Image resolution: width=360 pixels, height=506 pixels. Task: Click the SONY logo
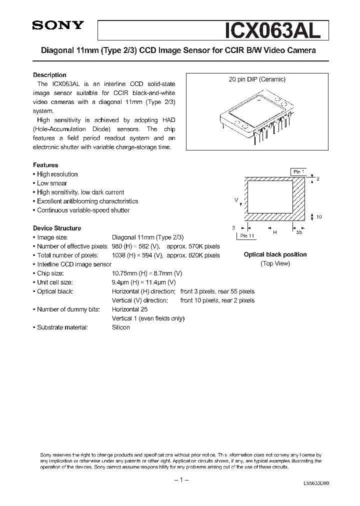tap(58, 26)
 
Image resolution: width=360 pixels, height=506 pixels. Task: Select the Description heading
tap(49, 75)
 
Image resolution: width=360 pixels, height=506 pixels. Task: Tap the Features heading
tap(45, 165)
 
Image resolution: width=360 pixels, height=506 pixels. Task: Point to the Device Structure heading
tap(57, 228)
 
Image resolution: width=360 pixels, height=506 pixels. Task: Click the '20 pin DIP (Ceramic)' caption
tap(257, 79)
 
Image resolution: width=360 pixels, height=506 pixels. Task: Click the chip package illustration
tap(257, 114)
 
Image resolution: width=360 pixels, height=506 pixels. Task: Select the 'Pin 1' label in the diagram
tap(298, 171)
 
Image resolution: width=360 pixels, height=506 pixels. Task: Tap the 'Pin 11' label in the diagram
tap(247, 235)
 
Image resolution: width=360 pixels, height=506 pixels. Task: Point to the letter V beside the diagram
tap(236, 199)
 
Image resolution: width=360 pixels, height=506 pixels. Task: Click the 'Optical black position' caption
tap(275, 254)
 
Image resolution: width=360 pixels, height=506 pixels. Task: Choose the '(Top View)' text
tap(275, 263)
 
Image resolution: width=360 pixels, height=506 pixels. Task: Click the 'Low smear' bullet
tap(51, 183)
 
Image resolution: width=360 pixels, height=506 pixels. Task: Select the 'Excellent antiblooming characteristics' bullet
tap(87, 201)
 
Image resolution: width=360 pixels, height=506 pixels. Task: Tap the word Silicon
tap(120, 327)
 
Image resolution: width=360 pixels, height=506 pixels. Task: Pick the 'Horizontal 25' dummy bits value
tap(129, 309)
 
